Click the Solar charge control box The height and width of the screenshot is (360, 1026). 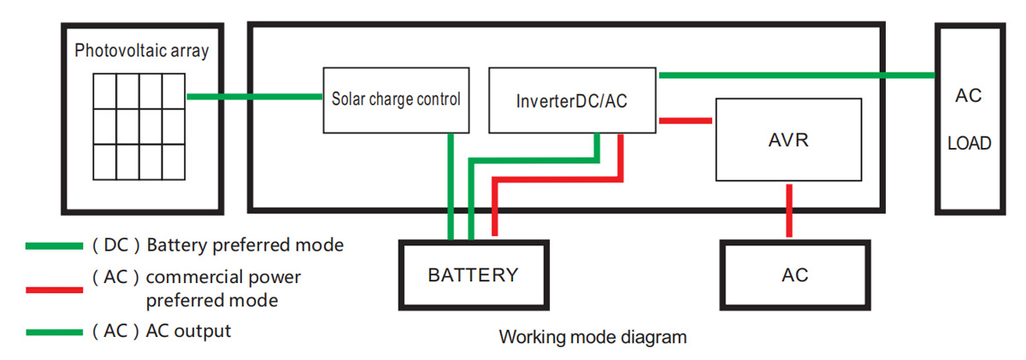[x=396, y=99]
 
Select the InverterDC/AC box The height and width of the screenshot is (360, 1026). [x=572, y=100]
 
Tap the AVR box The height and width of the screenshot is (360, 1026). [x=787, y=139]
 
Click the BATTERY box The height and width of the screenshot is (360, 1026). [x=473, y=275]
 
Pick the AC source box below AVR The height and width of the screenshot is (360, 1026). [x=794, y=275]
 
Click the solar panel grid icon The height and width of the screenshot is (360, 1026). [x=139, y=127]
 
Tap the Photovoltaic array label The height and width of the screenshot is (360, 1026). [x=141, y=51]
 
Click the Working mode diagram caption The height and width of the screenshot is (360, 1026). [x=593, y=337]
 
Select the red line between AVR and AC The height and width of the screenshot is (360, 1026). [x=789, y=210]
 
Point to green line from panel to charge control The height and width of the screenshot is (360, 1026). [x=254, y=97]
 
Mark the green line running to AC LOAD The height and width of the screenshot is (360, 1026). [x=795, y=75]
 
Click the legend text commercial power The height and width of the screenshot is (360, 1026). [x=223, y=278]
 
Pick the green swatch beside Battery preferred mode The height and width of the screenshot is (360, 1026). [x=54, y=246]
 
